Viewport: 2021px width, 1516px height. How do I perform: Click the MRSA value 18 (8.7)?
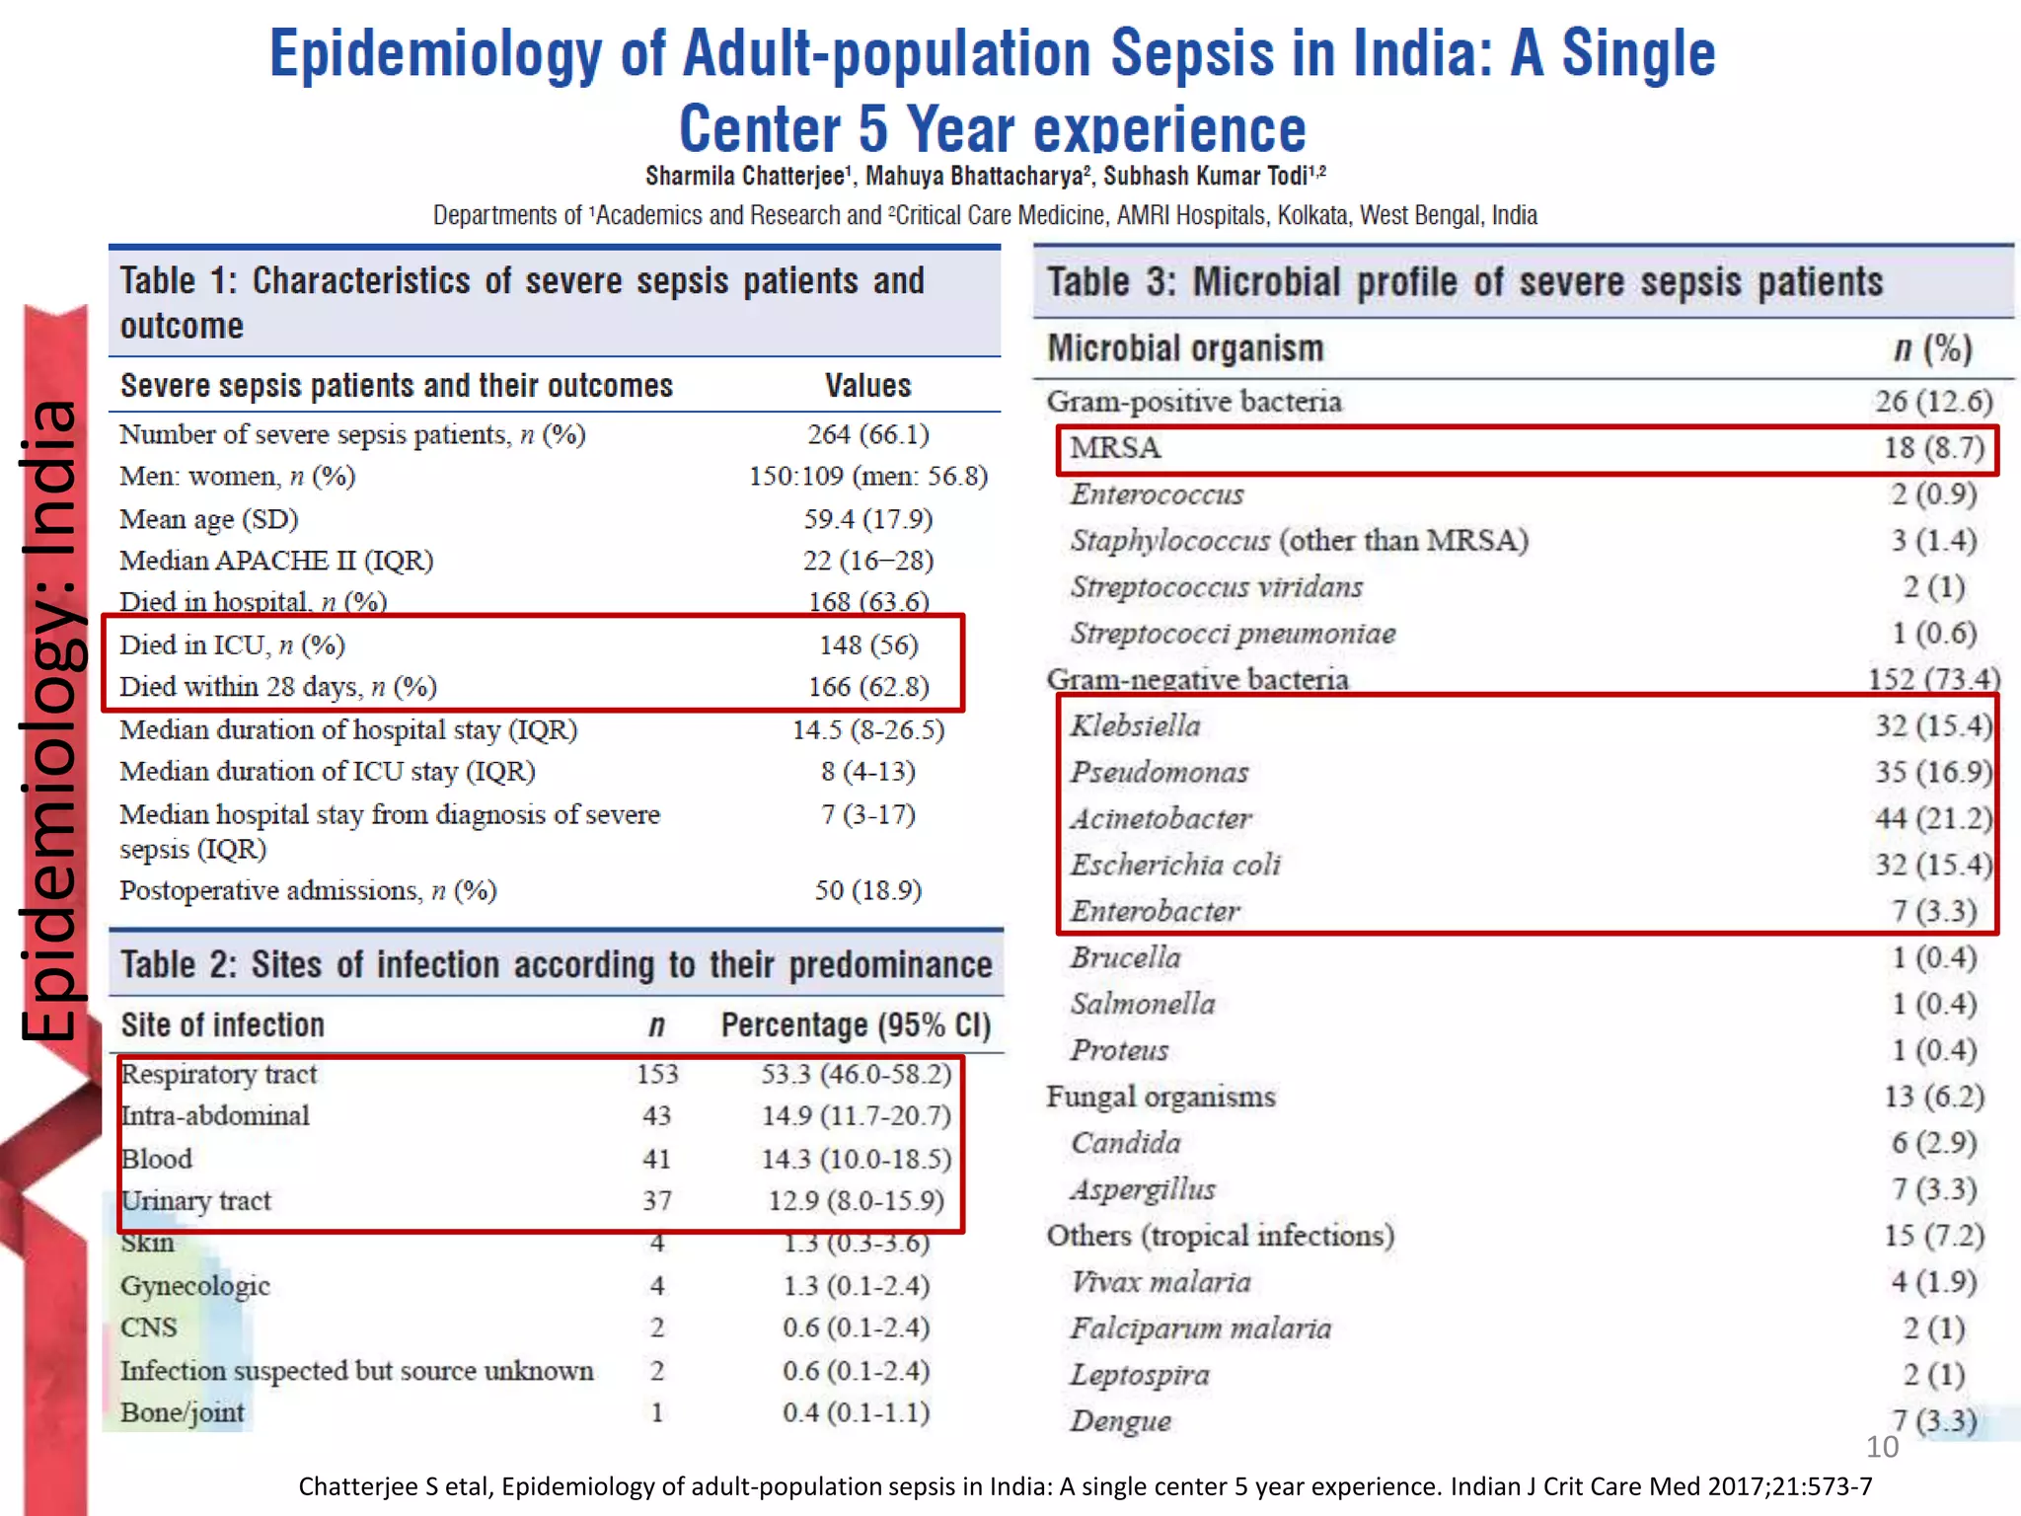coord(1933,448)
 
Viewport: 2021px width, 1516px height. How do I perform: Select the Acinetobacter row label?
coord(1160,818)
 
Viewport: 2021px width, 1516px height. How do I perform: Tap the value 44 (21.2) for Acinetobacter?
coord(1933,818)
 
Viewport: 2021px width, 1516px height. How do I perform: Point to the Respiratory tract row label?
coord(219,1074)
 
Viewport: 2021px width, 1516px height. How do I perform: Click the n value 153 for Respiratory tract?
coord(657,1074)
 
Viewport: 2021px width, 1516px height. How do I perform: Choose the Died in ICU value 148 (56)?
coord(868,645)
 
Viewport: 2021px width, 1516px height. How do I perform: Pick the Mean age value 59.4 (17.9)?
coord(867,519)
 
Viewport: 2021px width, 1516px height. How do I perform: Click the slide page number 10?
coord(1882,1447)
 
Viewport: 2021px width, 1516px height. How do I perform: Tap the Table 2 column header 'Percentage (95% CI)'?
coord(856,1025)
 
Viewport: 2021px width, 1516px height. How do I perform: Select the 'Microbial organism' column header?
coord(1185,348)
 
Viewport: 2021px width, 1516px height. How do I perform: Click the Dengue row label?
coord(1121,1421)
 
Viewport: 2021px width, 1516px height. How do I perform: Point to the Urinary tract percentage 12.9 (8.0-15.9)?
coord(856,1201)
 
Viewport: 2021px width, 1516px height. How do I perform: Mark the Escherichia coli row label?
coord(1175,865)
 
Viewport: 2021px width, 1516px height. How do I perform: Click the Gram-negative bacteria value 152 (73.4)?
coord(1933,679)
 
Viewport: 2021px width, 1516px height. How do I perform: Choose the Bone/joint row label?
coord(183,1412)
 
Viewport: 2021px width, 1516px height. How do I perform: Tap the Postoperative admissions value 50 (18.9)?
coord(867,890)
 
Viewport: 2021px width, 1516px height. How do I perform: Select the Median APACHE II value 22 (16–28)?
coord(867,561)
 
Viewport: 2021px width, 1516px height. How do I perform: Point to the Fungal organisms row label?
coord(1160,1097)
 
